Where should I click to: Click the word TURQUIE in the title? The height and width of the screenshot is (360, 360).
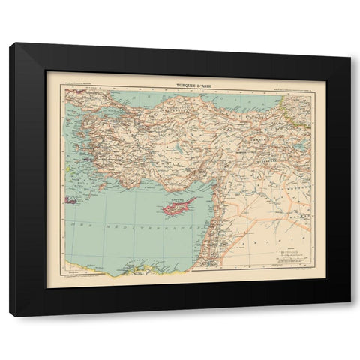pos(180,84)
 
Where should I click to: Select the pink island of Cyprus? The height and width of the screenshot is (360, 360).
pos(175,205)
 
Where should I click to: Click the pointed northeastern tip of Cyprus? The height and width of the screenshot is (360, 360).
pos(196,198)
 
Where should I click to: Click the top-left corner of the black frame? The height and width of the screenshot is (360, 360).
pos(10,43)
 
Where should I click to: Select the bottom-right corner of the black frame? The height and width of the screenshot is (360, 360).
pos(349,316)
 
